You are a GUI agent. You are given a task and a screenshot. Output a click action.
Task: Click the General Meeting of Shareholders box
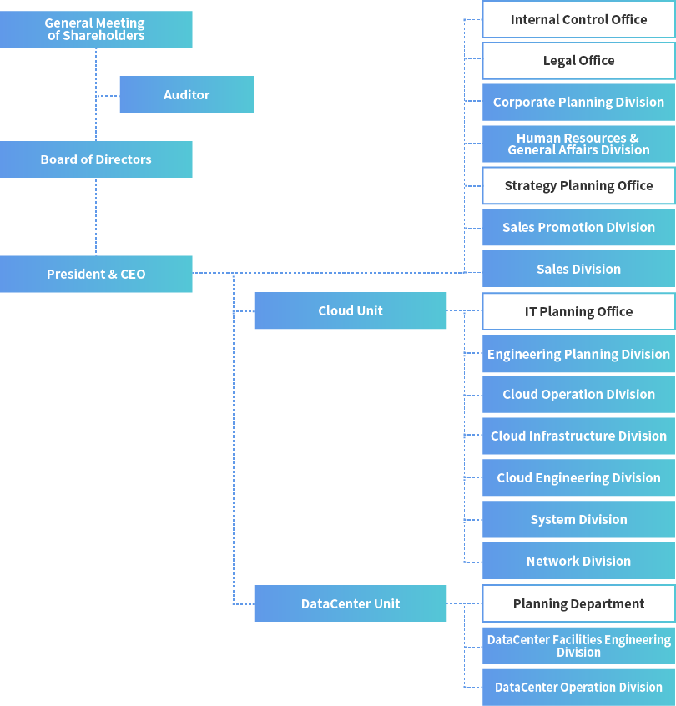(x=96, y=29)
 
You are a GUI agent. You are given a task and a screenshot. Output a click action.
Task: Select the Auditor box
(x=186, y=94)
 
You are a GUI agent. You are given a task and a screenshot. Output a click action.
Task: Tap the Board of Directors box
(x=96, y=159)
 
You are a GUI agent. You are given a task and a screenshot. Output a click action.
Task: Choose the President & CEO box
(x=96, y=274)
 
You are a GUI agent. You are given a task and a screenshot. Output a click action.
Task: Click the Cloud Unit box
(x=350, y=310)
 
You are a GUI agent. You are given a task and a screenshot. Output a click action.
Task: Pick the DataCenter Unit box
(x=350, y=603)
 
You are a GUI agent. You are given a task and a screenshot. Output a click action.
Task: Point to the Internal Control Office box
(x=578, y=19)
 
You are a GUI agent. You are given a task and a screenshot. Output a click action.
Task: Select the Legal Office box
(x=578, y=61)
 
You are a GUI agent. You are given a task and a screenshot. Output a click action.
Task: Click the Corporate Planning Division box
(x=578, y=102)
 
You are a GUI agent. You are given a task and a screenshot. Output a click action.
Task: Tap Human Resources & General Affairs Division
(x=578, y=144)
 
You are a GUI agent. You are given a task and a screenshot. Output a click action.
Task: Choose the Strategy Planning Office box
(x=578, y=185)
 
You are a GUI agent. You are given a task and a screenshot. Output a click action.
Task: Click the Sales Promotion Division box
(x=578, y=227)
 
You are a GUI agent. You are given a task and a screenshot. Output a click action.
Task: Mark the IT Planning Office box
(x=578, y=311)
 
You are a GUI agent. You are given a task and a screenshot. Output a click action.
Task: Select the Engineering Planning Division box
(x=578, y=354)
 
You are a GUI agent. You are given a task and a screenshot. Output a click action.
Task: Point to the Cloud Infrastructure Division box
(x=578, y=436)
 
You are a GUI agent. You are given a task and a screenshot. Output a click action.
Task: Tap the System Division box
(x=578, y=519)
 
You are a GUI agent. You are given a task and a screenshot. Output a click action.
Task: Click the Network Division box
(x=578, y=561)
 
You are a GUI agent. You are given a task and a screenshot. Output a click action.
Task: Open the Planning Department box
(x=578, y=603)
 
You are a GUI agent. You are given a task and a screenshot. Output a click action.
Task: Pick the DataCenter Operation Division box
(x=578, y=687)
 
